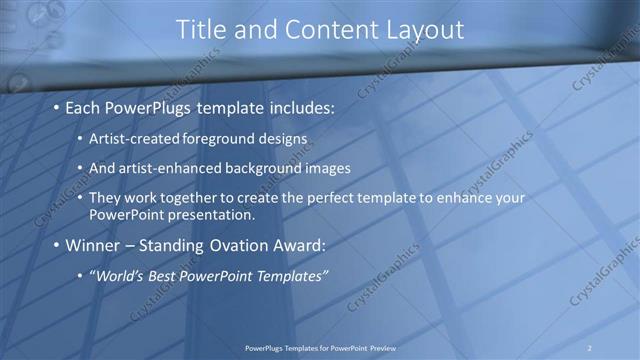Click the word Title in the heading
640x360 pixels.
(200, 30)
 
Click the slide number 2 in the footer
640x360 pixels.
(590, 347)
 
